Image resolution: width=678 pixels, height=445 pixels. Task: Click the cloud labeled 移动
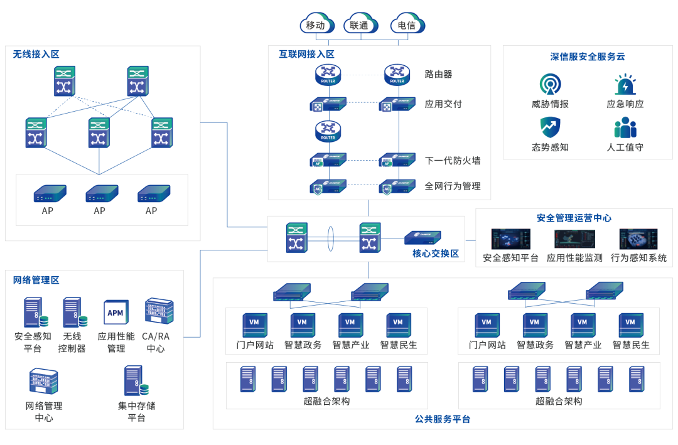316,24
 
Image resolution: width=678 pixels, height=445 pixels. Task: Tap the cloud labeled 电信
407,24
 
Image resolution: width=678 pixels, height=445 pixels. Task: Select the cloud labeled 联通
360,24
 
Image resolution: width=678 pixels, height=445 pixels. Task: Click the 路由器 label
438,74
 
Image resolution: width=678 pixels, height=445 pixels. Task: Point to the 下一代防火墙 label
453,161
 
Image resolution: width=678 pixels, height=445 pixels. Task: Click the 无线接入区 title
36,54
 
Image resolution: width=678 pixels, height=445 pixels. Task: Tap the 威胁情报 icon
550,84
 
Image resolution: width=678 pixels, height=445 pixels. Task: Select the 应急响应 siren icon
625,85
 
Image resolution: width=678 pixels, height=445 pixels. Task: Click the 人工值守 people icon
625,127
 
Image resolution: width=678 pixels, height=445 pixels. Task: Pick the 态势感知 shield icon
550,127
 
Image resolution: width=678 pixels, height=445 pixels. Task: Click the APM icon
116,313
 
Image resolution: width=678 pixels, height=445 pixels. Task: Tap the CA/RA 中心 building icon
155,312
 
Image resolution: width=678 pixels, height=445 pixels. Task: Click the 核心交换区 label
436,254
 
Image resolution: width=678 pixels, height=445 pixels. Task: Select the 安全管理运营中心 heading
574,218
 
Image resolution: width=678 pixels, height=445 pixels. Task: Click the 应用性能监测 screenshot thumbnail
574,239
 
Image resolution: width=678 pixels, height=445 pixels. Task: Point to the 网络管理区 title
36,280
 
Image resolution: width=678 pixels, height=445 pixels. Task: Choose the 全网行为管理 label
453,186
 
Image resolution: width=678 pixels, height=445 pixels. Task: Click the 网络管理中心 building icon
43,382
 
